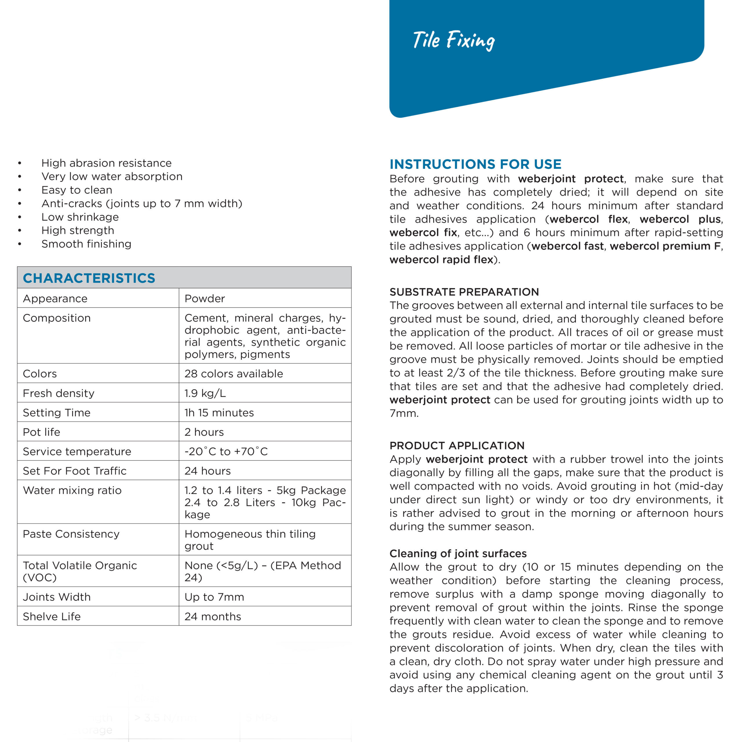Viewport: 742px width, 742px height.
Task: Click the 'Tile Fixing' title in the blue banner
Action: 454,40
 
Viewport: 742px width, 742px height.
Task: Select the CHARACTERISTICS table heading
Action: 89,278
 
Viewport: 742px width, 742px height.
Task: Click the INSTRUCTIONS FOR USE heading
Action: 475,164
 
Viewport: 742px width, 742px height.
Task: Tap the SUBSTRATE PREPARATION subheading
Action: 464,292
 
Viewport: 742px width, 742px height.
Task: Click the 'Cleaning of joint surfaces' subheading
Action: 458,553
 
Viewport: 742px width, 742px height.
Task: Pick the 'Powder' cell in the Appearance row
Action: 205,299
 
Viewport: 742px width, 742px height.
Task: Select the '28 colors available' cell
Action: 234,374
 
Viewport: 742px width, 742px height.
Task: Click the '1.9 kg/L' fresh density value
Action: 205,393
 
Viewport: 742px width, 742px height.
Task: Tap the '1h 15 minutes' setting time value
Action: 219,412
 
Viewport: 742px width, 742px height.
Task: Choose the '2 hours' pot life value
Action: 204,432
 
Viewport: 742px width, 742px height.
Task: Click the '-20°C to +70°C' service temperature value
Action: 226,451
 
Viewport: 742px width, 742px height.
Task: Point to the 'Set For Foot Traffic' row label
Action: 74,471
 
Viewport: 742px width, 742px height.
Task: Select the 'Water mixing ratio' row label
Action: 72,490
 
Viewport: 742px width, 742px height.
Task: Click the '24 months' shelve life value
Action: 213,616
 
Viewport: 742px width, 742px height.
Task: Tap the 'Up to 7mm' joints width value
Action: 214,597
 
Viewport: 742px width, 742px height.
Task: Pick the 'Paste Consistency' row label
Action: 71,534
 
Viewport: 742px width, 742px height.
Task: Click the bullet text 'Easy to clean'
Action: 77,190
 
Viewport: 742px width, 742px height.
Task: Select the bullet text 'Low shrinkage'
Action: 80,217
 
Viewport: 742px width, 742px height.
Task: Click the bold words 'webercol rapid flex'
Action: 441,260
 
